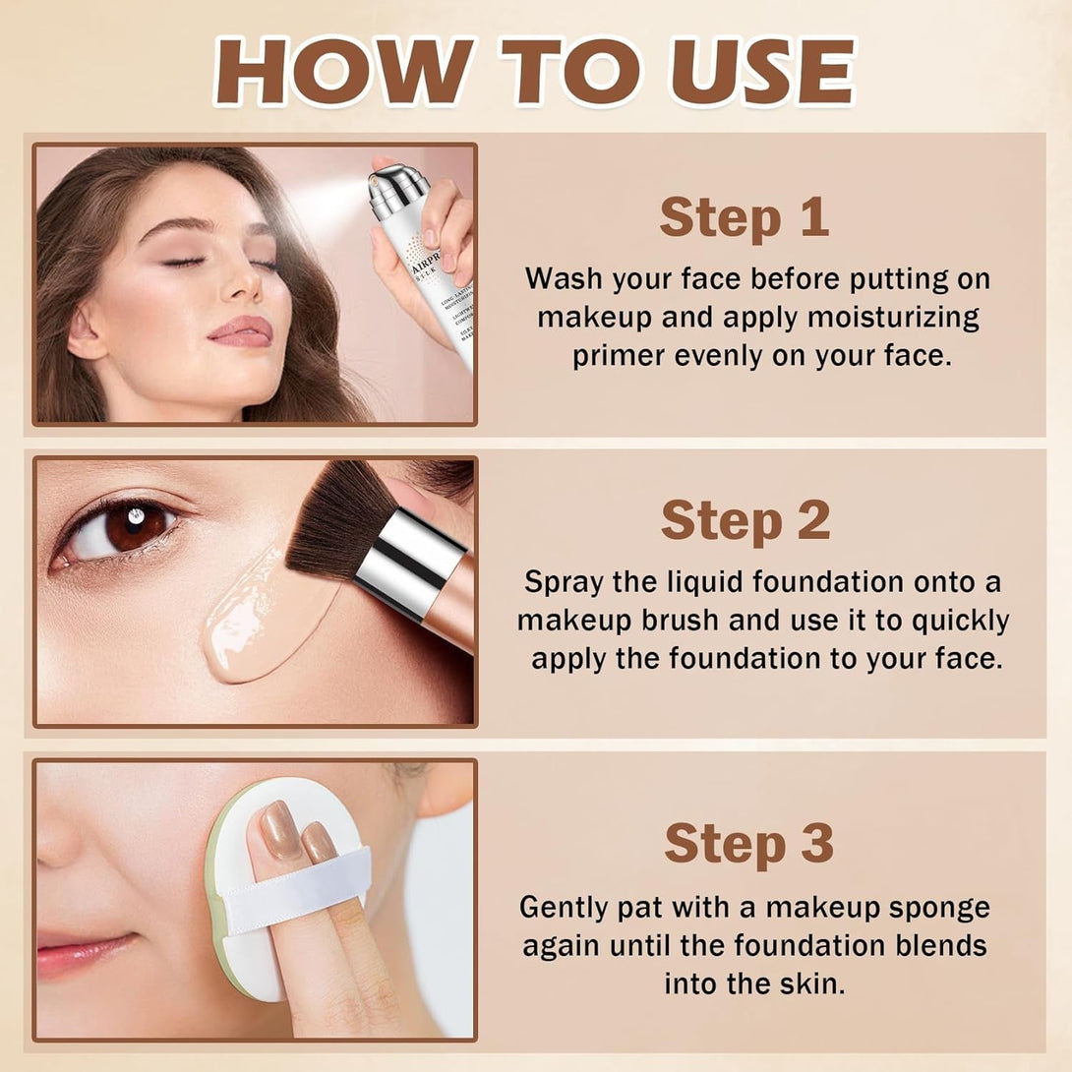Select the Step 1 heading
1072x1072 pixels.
tap(744, 217)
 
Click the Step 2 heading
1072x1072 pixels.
tap(744, 520)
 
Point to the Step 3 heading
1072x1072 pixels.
tap(748, 843)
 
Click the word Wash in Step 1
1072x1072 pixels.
tap(564, 278)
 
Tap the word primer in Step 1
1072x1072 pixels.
tap(620, 356)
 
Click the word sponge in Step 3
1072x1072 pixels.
tap(940, 907)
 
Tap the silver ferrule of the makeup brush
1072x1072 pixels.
tap(407, 564)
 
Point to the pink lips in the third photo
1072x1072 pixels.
tap(79, 951)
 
